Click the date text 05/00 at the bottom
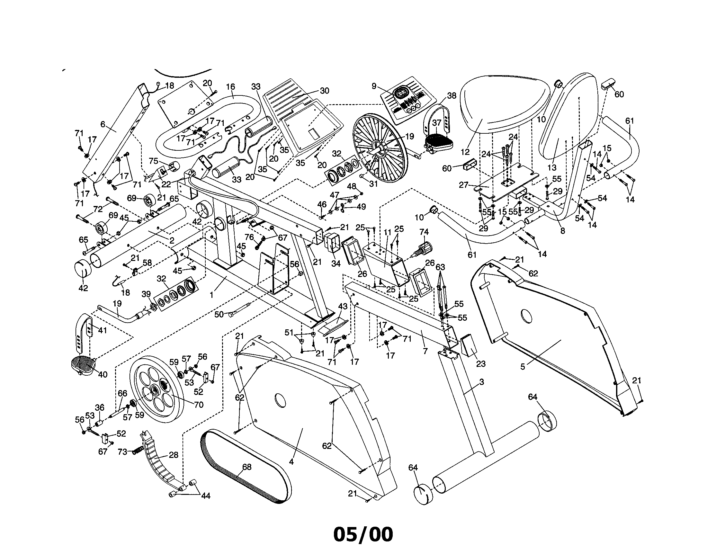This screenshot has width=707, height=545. coord(362,535)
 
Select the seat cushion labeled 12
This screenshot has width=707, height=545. coord(505,103)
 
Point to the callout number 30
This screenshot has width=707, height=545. coord(324,91)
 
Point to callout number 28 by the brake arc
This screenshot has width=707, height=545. coord(174,455)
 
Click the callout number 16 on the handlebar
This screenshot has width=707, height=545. coord(230,87)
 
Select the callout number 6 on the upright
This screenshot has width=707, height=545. coord(103,124)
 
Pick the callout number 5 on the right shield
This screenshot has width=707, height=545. coord(523,367)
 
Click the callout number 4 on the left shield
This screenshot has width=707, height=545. coord(291,462)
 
